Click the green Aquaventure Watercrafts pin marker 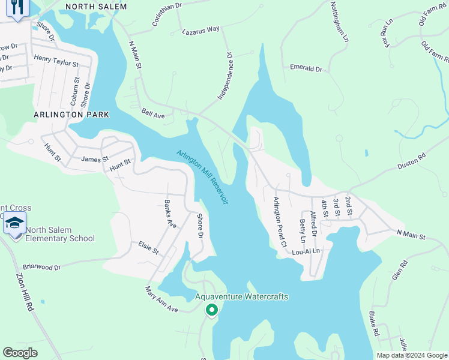(211, 310)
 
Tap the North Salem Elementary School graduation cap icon (14, 224)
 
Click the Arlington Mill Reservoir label (202, 178)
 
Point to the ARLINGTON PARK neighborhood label (71, 114)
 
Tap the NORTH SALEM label (96, 7)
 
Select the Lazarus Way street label (200, 29)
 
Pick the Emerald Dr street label (306, 68)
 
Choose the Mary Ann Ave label (162, 299)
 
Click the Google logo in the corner (20, 353)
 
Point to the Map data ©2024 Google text (411, 355)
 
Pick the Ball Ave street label (153, 113)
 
